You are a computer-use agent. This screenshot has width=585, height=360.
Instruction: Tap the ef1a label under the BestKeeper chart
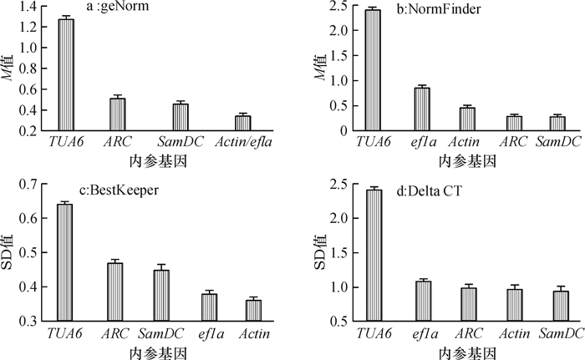[x=209, y=334]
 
